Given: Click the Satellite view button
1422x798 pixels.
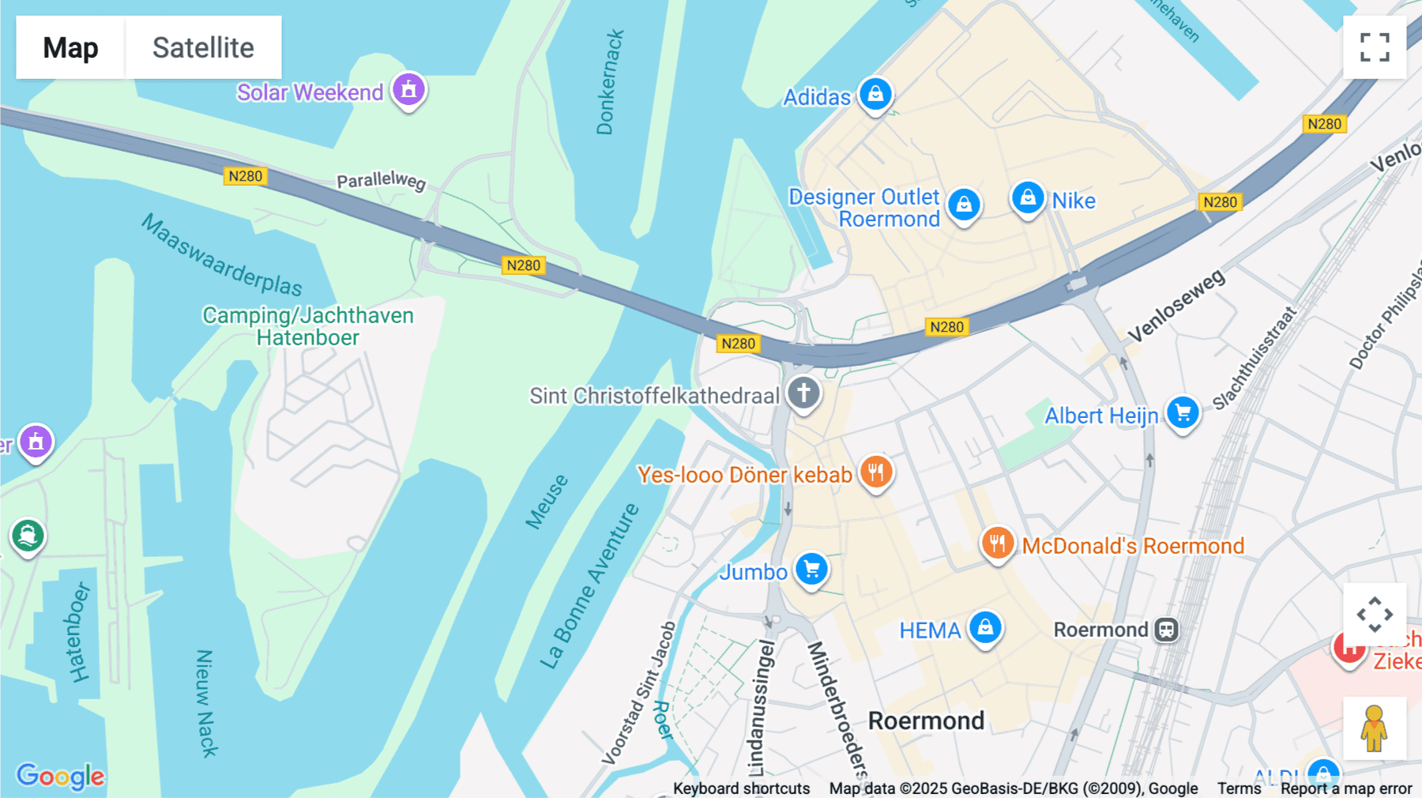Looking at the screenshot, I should click(203, 47).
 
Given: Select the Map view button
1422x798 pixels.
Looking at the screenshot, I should click(70, 47).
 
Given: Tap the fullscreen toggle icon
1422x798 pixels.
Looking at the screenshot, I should click(1375, 47).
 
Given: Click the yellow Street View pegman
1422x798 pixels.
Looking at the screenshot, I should click(1375, 728).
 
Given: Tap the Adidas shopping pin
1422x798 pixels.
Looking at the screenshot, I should click(875, 95).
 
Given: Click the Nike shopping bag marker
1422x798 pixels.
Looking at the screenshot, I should click(1028, 198).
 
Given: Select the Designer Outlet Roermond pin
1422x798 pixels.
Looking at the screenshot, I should click(964, 205).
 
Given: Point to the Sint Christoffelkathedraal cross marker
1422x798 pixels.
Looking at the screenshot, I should click(803, 393).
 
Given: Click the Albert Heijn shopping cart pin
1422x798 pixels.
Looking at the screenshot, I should click(1183, 412).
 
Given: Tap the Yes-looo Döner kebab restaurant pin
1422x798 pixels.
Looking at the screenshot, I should click(875, 472).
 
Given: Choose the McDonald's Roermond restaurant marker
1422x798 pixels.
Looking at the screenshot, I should click(998, 544).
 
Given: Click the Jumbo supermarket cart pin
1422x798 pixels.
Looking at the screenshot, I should click(811, 569).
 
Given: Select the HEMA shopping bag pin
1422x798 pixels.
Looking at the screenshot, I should click(985, 628).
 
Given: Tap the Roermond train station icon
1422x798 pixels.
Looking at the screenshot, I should click(1166, 630).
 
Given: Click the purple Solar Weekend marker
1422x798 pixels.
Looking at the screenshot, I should click(408, 90).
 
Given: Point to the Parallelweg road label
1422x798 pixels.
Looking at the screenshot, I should click(381, 181).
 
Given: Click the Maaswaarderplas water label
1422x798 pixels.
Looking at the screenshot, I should click(222, 254).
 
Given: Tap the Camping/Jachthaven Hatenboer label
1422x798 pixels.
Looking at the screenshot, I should click(308, 326).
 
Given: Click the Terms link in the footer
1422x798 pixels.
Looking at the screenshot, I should click(1239, 788).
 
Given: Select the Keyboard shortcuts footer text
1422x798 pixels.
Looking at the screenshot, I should click(741, 788).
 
